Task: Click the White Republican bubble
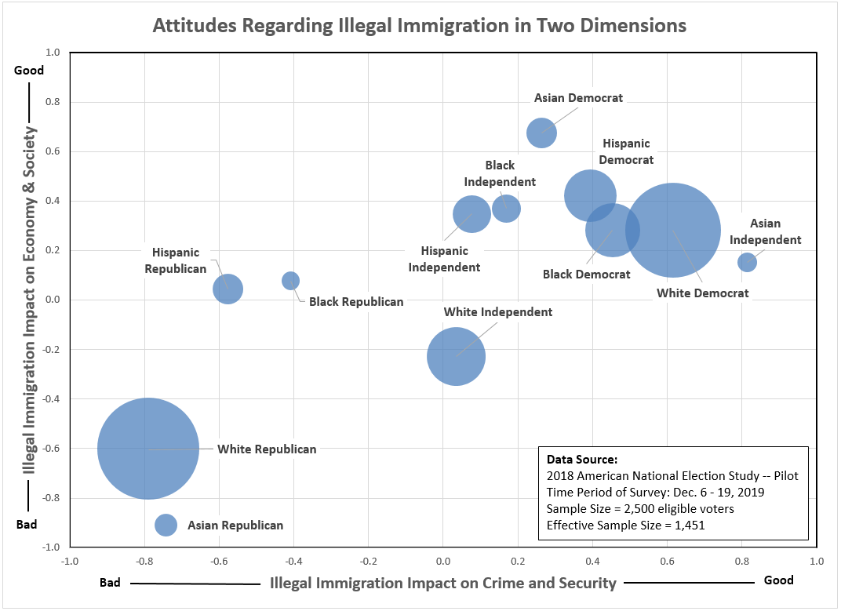point(147,449)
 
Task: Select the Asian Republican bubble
point(166,525)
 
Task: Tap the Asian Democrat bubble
point(541,133)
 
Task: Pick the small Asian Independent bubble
point(747,262)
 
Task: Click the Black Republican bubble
point(290,281)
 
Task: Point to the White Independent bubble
point(456,356)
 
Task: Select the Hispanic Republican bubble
point(228,289)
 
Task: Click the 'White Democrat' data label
point(702,293)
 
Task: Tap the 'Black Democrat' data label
point(586,275)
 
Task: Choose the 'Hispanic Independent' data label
point(444,259)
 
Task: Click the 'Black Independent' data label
point(500,173)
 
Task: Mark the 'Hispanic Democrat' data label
point(627,151)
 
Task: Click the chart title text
point(420,26)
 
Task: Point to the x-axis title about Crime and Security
point(442,583)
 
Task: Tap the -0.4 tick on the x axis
point(293,561)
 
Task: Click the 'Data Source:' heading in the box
point(581,459)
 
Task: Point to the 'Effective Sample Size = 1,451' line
point(625,525)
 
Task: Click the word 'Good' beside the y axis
point(30,70)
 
